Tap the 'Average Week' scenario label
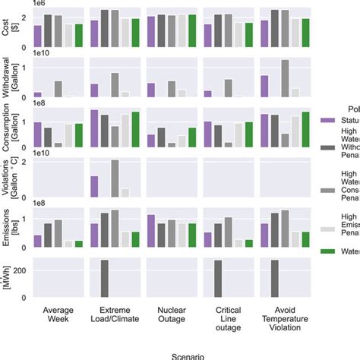(x=58, y=313)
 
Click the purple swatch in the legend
(x=328, y=119)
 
